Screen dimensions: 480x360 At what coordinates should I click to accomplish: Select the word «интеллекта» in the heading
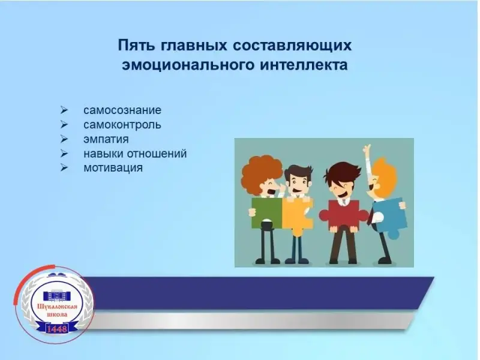(304, 65)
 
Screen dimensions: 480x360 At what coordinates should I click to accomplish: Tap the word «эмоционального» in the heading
(188, 65)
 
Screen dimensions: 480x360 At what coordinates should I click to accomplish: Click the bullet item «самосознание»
(122, 110)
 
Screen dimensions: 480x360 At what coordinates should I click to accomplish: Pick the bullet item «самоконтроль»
(122, 125)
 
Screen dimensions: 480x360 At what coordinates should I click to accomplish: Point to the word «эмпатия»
(106, 140)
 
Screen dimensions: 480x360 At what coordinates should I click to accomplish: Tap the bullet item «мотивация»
(113, 168)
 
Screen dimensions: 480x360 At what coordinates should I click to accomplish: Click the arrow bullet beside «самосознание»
(64, 110)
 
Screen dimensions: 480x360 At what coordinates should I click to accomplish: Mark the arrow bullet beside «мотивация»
(64, 168)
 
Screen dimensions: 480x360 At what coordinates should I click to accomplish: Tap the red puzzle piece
(343, 215)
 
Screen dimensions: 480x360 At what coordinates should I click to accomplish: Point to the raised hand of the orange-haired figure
(367, 151)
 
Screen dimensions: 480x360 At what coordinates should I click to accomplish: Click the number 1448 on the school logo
(57, 329)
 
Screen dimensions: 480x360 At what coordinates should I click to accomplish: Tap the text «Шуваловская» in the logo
(57, 307)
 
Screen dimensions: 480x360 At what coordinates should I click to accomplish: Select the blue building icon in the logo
(57, 296)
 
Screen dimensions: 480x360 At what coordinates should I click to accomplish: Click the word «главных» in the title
(193, 46)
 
